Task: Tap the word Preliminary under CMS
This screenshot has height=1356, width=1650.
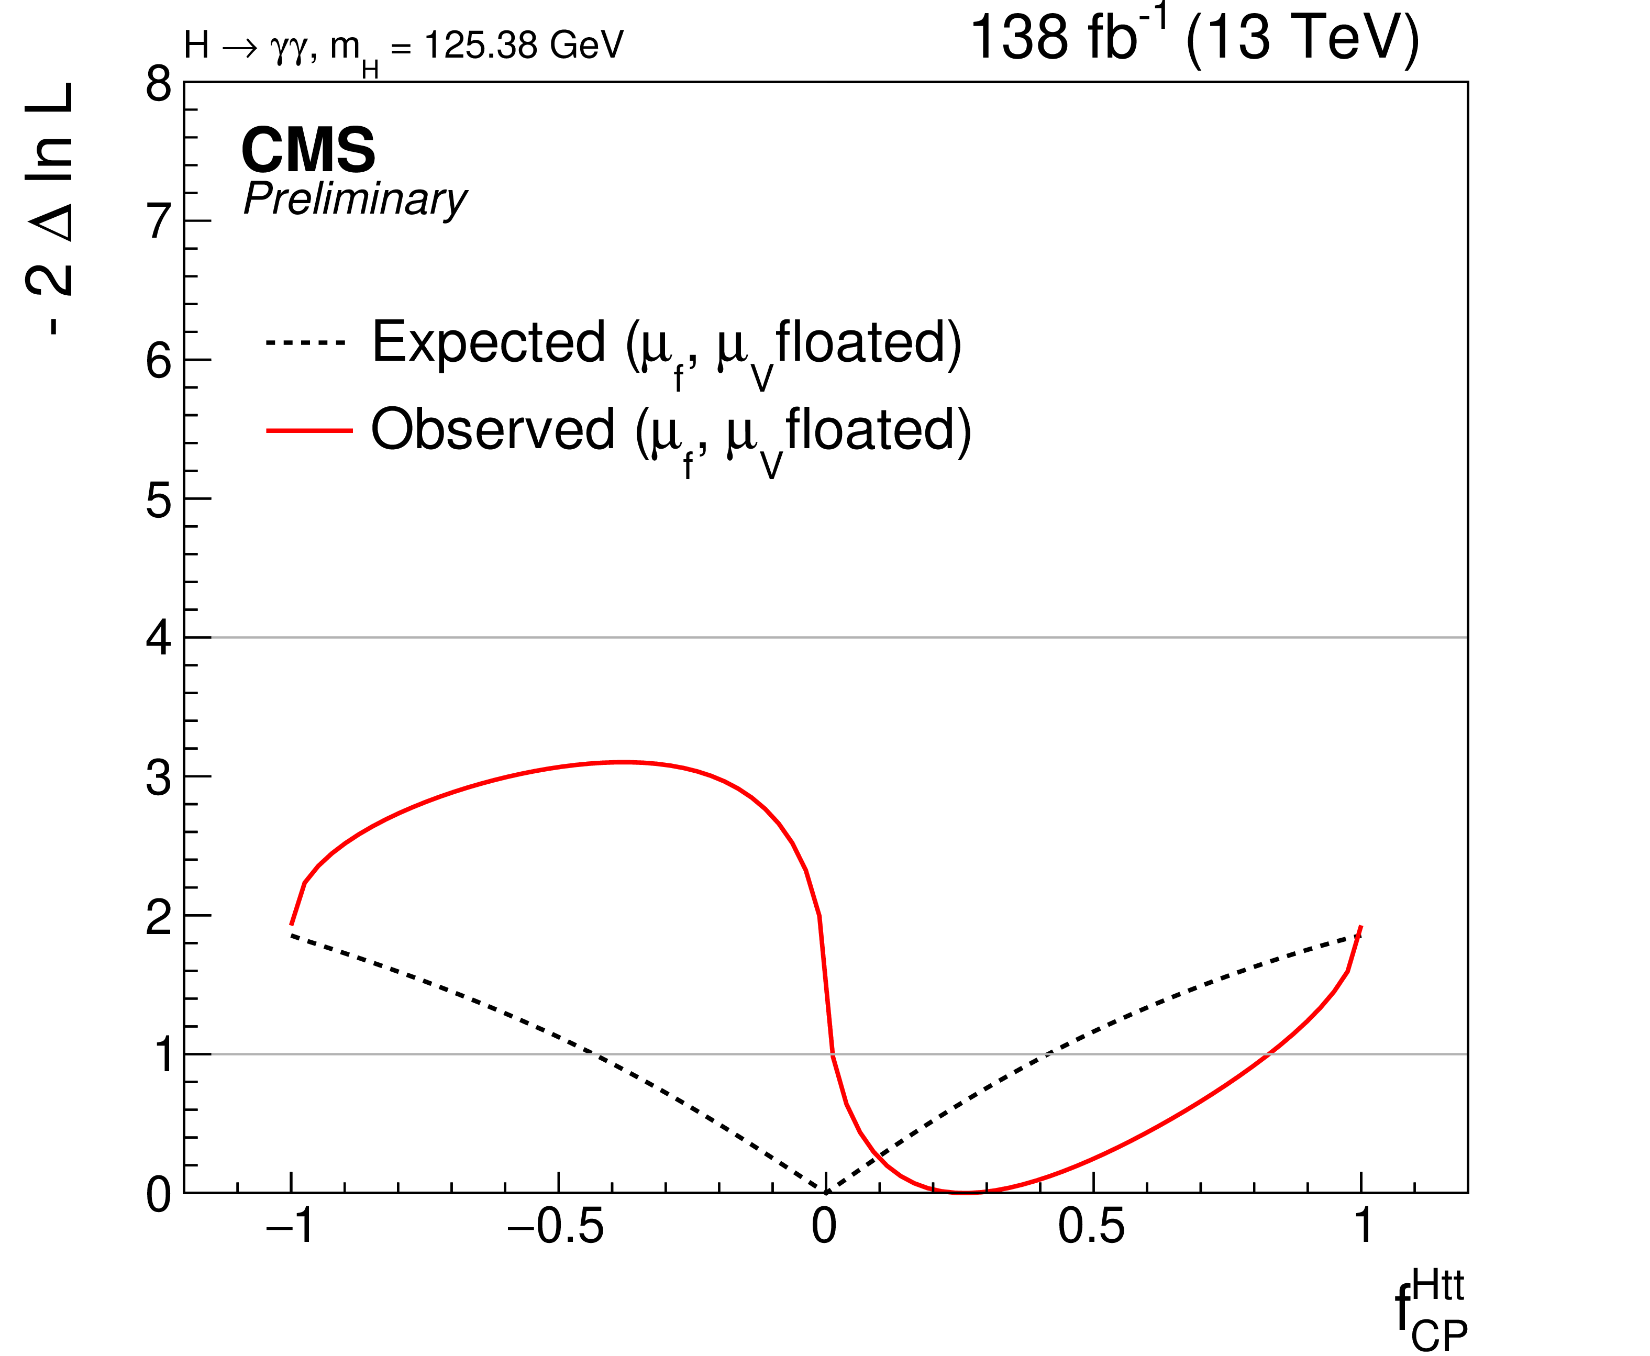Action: coord(356,200)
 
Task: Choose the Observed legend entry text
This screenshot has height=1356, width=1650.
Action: coord(670,432)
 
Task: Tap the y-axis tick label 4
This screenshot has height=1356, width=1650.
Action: coord(159,639)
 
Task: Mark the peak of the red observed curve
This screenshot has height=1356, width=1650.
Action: coord(623,762)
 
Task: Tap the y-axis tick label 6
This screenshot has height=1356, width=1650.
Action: coord(159,362)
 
